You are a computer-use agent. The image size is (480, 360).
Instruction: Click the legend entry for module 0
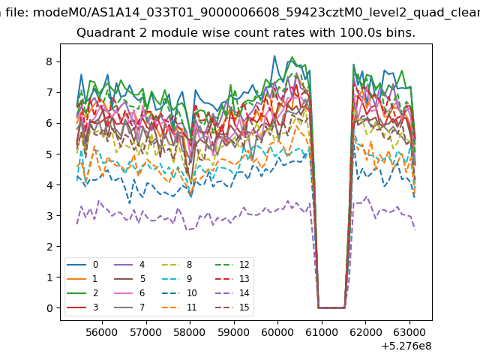click(82, 265)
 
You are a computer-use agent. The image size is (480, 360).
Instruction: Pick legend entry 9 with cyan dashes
click(177, 278)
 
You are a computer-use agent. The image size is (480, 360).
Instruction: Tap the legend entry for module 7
click(129, 307)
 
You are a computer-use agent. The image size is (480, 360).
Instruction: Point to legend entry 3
click(82, 307)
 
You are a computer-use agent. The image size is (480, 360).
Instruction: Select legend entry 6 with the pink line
click(129, 293)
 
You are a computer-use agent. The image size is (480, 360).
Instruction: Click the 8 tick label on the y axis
click(49, 61)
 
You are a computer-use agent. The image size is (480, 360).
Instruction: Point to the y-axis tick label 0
click(49, 308)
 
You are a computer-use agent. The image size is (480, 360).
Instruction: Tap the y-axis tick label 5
click(49, 154)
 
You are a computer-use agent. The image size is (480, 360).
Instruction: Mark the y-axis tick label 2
click(49, 247)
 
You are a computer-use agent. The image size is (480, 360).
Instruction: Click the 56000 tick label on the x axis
click(102, 332)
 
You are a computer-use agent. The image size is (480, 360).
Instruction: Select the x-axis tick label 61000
click(322, 332)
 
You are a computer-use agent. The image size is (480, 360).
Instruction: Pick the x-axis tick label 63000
click(409, 332)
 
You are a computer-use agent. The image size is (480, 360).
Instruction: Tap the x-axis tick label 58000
click(190, 332)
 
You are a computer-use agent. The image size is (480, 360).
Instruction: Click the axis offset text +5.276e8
click(406, 346)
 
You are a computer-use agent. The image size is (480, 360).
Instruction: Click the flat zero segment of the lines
click(331, 307)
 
